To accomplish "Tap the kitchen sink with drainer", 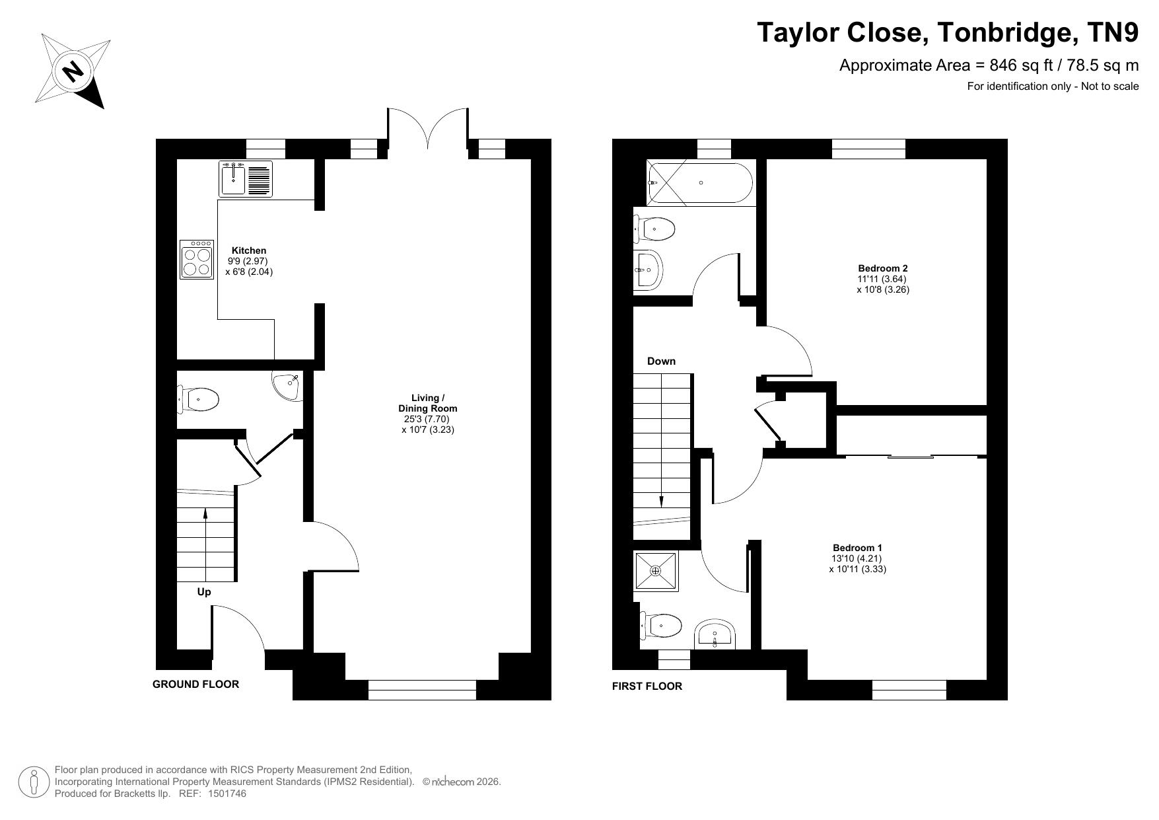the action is (x=246, y=178).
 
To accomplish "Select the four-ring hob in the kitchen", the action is (x=197, y=259).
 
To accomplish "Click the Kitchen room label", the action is (x=249, y=250).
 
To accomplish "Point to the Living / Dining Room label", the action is (x=428, y=403).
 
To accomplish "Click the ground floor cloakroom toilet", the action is (x=199, y=399).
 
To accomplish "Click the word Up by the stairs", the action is (x=204, y=592).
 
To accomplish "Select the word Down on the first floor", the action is (x=661, y=361).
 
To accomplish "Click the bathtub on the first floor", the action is (x=700, y=182).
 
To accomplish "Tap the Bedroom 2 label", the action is (x=883, y=268).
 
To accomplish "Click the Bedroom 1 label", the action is (x=857, y=548).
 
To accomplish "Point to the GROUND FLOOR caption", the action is (x=195, y=685).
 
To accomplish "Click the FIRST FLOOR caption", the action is (x=647, y=687).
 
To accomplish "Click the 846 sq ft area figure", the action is (x=1021, y=65).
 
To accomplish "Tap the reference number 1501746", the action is (x=227, y=794).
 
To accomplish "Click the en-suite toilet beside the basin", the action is (x=661, y=625).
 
